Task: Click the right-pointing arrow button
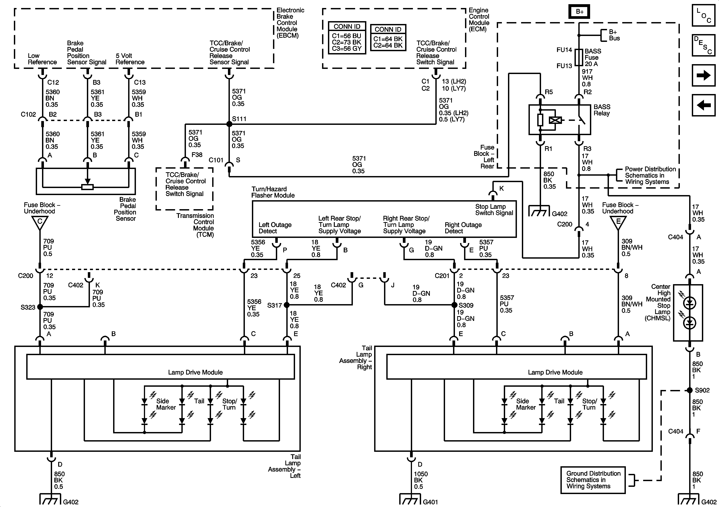tap(703, 75)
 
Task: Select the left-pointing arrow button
tap(703, 105)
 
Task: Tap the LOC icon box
tap(703, 15)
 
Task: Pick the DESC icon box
tap(703, 45)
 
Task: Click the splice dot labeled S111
tap(229, 124)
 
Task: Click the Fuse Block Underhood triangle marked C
tap(40, 223)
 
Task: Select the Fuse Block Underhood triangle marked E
tap(618, 223)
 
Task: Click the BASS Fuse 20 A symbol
tap(579, 57)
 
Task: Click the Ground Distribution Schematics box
tap(593, 480)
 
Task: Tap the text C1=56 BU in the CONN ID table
tap(346, 36)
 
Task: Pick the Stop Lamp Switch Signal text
tap(494, 210)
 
